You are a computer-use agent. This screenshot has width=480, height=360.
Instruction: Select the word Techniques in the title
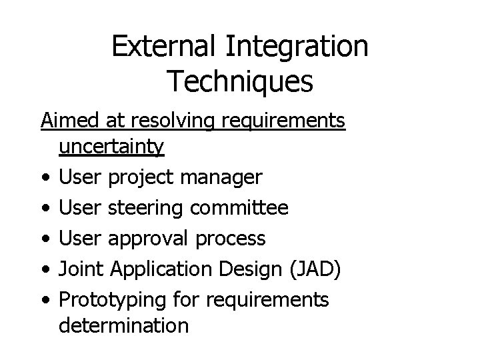tap(239, 81)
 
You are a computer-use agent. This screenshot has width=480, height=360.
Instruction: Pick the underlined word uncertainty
tap(111, 147)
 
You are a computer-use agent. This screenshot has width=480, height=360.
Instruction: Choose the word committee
tap(239, 208)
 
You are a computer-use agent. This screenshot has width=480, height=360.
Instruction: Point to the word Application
tap(155, 269)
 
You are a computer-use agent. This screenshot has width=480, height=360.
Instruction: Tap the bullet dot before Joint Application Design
tap(44, 269)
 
